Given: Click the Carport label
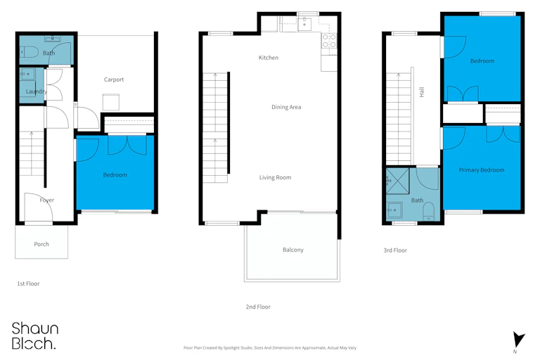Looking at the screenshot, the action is (114, 79).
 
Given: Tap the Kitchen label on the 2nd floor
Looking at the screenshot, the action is (269, 58).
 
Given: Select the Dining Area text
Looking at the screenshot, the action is (286, 107).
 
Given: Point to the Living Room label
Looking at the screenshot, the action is (275, 177).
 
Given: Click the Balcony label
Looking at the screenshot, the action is (293, 250).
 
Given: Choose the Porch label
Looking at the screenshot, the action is (41, 244).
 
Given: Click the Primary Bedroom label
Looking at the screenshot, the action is (482, 170).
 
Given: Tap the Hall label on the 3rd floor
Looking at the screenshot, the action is (422, 92).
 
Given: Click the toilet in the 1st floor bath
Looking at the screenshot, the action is (29, 52).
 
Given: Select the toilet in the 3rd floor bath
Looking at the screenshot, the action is (428, 210).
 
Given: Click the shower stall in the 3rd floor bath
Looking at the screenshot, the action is (397, 181).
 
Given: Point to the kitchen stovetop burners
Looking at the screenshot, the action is (329, 40).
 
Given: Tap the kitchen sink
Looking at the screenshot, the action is (304, 24).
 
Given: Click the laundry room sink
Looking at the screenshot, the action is (27, 74).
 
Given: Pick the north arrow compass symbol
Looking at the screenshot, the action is (518, 340).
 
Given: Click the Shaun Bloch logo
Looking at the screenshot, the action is (34, 335).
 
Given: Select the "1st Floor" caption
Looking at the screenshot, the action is (28, 283).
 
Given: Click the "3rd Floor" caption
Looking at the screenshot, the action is (395, 250).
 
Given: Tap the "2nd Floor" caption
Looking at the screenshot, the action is (258, 307).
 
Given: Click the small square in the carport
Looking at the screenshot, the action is (111, 103).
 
